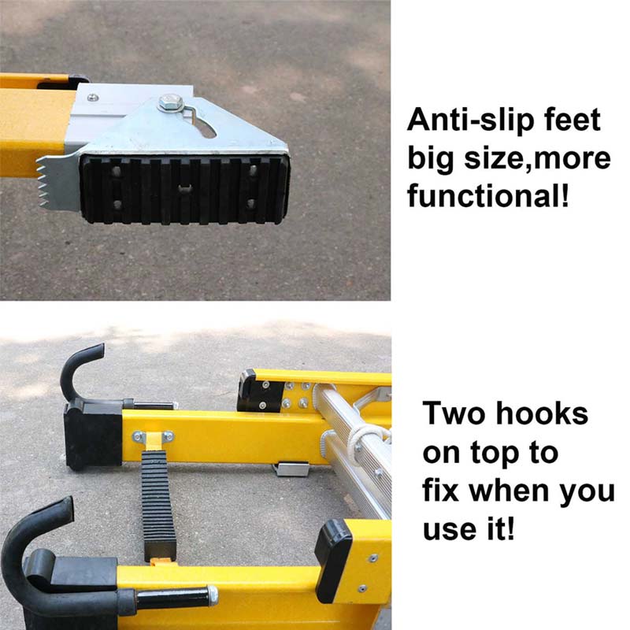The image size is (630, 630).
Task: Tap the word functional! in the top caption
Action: point(487,194)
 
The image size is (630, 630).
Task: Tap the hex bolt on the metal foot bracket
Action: point(168,102)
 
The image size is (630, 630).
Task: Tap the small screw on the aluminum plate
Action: point(94,97)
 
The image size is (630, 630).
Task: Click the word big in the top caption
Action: point(430,158)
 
